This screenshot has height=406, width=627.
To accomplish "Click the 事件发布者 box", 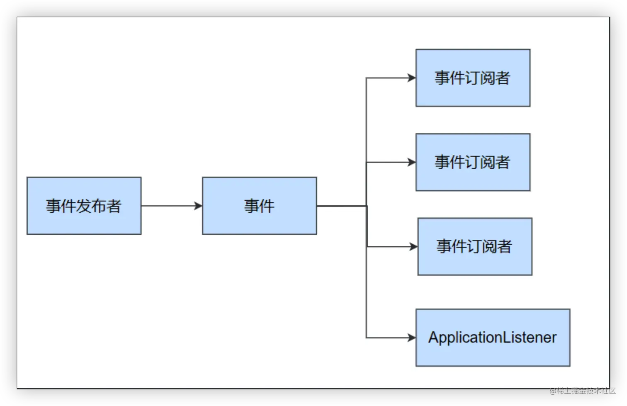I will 84,206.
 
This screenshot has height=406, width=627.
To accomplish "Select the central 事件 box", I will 259,206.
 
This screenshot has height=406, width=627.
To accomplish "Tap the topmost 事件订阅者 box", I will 473,78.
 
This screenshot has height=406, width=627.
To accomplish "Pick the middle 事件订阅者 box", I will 473,162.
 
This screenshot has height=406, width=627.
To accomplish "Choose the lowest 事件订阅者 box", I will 474,246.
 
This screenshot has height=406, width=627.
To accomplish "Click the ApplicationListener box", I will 493,337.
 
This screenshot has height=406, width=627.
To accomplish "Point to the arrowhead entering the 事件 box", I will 199,206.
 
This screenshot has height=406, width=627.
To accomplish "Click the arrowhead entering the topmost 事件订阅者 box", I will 412,78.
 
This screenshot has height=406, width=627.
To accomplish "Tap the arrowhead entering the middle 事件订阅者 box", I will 412,162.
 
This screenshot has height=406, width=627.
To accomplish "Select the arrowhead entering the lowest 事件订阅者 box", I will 413,247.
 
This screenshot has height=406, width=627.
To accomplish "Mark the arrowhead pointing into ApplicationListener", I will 412,338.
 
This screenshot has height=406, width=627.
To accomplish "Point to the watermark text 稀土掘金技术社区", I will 585,390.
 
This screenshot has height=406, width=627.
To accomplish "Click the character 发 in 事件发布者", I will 84,206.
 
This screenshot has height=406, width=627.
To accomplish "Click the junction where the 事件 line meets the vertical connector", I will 367,206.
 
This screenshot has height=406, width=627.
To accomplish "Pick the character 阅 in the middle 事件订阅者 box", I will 487,162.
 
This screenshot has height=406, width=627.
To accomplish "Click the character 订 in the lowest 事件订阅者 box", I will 474,247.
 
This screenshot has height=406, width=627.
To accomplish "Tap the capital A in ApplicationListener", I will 433,338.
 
